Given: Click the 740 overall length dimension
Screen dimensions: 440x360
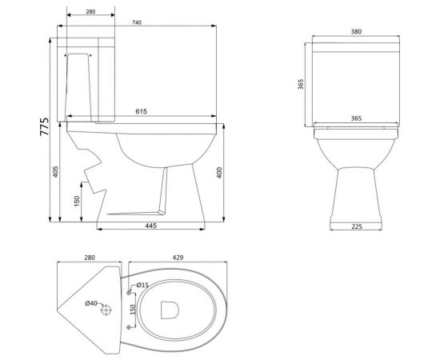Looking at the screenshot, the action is (x=137, y=22).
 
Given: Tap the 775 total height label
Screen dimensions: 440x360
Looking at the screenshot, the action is (x=44, y=127).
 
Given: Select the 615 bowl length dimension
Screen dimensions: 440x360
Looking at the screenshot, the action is (x=141, y=111).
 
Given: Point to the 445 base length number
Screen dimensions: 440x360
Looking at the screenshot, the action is (x=151, y=226).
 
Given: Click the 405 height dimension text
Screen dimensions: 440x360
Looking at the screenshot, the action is (x=55, y=172).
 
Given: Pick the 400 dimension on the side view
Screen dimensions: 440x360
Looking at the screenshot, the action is (x=219, y=173).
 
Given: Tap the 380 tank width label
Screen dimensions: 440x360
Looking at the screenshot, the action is (x=356, y=32).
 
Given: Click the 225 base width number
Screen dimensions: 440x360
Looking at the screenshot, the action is (x=357, y=226).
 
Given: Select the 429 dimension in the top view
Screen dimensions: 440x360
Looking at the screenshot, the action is (x=178, y=258).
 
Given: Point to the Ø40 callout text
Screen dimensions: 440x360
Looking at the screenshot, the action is (x=91, y=303).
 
